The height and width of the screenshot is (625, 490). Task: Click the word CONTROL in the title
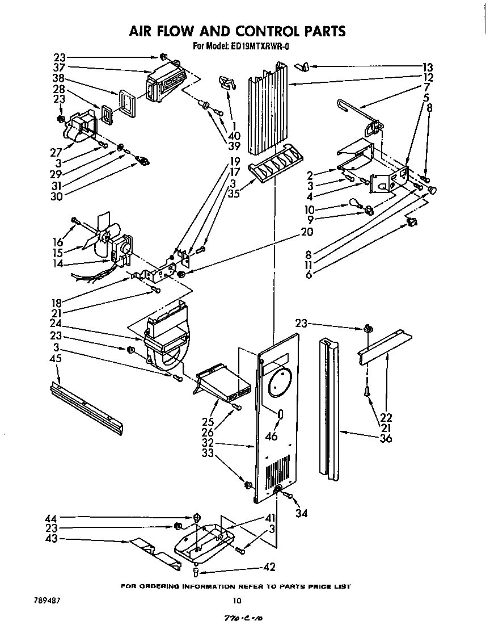(x=248, y=31)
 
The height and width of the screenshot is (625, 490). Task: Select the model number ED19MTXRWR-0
(x=259, y=47)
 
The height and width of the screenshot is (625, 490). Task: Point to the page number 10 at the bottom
(x=236, y=601)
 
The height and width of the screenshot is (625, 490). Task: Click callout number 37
(x=60, y=68)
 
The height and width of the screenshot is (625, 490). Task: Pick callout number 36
(x=387, y=438)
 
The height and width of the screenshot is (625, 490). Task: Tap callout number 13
(x=428, y=66)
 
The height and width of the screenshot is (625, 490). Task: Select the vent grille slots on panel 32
(x=278, y=469)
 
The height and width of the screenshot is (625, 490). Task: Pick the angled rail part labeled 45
(x=85, y=408)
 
